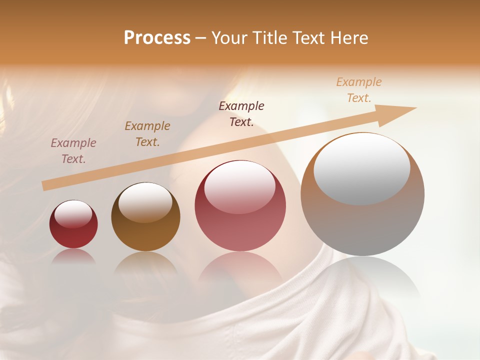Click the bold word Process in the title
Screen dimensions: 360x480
157,37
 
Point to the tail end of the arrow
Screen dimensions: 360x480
46,185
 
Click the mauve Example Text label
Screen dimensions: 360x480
73,150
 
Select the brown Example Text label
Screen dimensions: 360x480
147,133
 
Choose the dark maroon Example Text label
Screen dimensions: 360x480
241,113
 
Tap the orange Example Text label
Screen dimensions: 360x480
359,89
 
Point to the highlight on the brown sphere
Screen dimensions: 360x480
145,201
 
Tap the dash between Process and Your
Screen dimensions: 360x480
201,38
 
